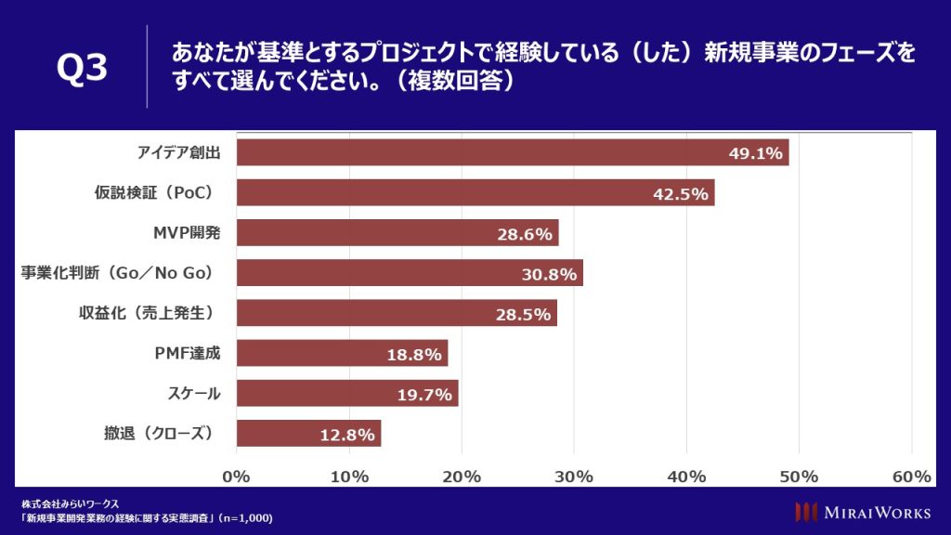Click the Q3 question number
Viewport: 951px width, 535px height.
(x=82, y=69)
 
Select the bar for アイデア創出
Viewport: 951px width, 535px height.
(x=511, y=152)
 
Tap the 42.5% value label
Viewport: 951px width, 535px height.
(x=681, y=193)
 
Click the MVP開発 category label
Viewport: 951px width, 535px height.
(x=187, y=232)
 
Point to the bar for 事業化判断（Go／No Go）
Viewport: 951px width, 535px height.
(x=410, y=273)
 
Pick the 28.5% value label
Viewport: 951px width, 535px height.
(x=523, y=313)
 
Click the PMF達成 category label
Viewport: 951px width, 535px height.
(x=188, y=353)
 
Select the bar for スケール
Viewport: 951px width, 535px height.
(x=347, y=393)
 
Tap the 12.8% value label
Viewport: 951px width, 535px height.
(x=347, y=434)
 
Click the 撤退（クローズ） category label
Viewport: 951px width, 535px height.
(x=159, y=433)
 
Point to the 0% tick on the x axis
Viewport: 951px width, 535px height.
(x=237, y=476)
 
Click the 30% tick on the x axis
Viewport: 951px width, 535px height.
(x=574, y=476)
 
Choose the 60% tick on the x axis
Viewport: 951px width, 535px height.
(x=911, y=476)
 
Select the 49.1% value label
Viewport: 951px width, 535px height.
(x=755, y=153)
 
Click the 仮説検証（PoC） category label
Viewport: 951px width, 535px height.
(x=154, y=192)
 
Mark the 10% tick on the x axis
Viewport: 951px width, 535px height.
(x=349, y=476)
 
